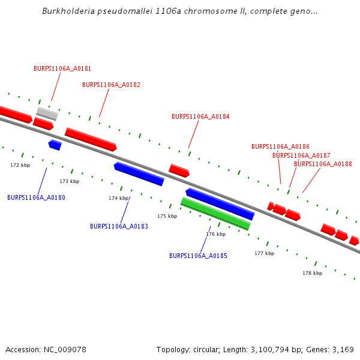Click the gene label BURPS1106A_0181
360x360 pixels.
[62, 68]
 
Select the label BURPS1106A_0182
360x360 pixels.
[111, 85]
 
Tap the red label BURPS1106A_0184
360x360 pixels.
[200, 116]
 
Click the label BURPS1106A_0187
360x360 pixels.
[301, 155]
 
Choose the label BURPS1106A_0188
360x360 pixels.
[323, 164]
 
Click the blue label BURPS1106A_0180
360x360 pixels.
[36, 197]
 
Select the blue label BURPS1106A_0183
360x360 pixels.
[119, 226]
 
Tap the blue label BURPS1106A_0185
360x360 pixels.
[198, 256]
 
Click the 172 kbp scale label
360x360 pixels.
[20, 165]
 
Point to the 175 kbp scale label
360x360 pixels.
[167, 216]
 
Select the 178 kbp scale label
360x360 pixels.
[312, 273]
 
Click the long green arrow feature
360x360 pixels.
[215, 214]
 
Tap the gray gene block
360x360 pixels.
[47, 113]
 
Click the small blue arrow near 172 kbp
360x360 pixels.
[55, 145]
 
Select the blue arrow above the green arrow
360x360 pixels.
[220, 204]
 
